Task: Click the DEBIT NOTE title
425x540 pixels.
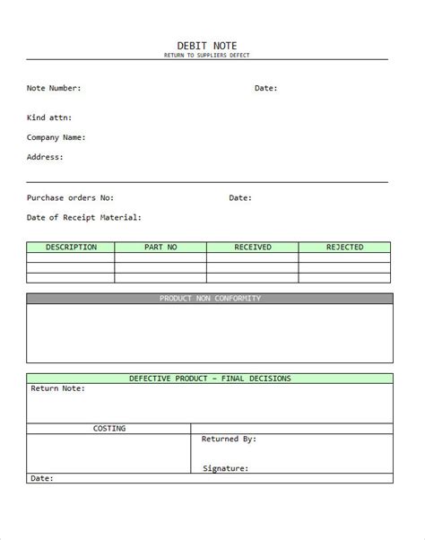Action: pos(208,46)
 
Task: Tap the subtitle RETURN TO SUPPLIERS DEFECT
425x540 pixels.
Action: pos(208,56)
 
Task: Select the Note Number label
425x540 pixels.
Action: pos(54,88)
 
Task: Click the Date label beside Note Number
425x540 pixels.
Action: pos(266,88)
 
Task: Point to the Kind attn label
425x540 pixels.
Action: pos(49,118)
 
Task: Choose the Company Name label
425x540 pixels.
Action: pos(56,137)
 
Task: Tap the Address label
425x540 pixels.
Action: pos(45,157)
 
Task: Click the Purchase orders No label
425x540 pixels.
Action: pos(70,197)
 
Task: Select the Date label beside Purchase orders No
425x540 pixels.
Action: pos(240,197)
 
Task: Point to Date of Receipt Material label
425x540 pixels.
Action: pos(83,217)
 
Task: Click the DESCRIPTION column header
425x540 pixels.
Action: pos(71,247)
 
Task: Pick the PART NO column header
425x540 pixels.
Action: pos(160,247)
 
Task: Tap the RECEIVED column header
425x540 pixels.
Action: pos(253,247)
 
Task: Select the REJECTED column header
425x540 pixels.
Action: pos(344,247)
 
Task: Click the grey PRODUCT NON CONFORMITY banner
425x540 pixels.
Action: pos(210,298)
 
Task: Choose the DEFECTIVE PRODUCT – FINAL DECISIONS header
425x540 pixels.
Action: pos(210,378)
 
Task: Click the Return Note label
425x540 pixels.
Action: pos(57,388)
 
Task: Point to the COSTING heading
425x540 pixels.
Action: pos(109,429)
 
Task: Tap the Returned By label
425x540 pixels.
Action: pos(230,440)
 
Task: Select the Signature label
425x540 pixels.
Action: pos(226,468)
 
